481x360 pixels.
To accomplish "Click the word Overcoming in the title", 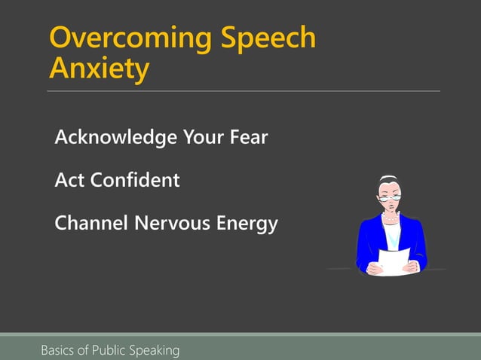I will (129, 38).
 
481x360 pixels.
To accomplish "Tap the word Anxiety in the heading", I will (98, 69).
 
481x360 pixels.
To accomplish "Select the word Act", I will (69, 181).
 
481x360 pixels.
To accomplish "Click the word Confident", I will (135, 181).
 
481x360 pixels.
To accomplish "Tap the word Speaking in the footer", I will (155, 350).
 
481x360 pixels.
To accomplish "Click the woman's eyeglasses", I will (391, 192).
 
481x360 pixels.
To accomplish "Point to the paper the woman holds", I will (394, 261).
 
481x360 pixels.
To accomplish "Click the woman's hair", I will (390, 182).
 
